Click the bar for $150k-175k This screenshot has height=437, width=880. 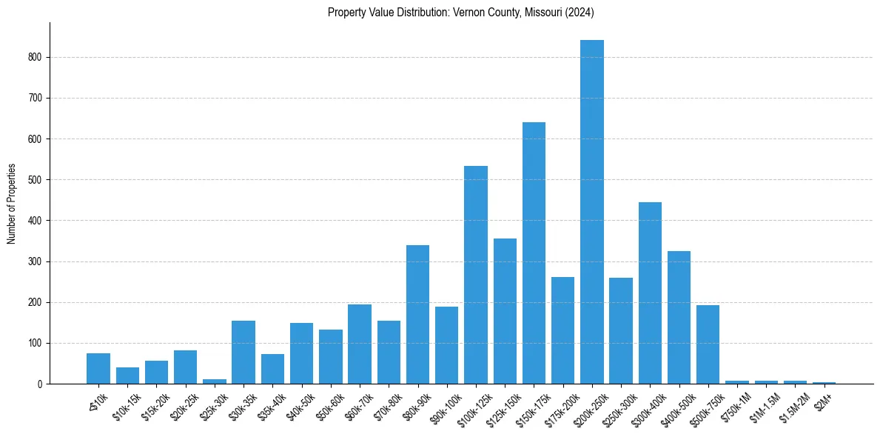534,253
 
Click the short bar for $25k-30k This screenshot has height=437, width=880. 215,381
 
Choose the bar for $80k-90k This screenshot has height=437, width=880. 417,314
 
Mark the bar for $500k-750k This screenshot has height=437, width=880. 708,344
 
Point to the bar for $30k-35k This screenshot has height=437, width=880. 243,352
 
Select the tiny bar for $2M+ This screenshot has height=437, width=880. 824,383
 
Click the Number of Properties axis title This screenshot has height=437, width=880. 11,204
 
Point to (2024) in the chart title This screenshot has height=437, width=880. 580,13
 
